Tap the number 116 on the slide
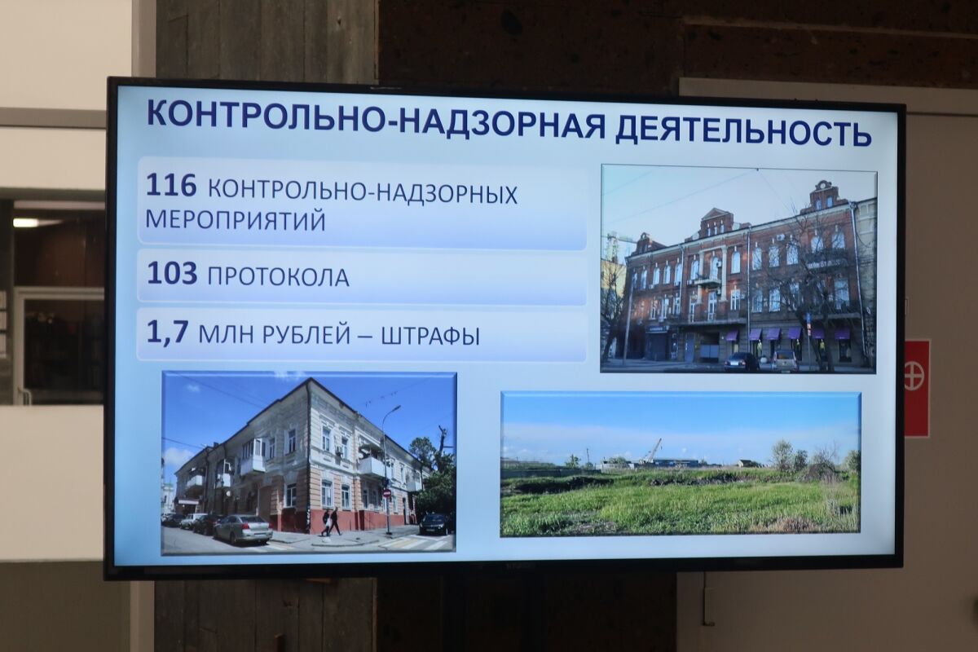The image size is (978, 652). (x=171, y=186)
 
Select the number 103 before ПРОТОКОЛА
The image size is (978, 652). (x=172, y=274)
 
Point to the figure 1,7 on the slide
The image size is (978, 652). (x=166, y=333)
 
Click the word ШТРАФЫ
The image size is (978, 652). (x=430, y=335)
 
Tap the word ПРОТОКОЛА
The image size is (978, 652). (x=278, y=277)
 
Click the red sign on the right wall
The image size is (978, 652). (x=917, y=388)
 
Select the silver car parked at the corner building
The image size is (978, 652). (x=243, y=529)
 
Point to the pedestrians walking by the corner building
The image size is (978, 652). (x=331, y=522)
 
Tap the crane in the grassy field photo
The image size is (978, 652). (x=653, y=450)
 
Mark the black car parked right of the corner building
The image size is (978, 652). (x=434, y=523)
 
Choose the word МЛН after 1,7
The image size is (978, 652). (x=233, y=335)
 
